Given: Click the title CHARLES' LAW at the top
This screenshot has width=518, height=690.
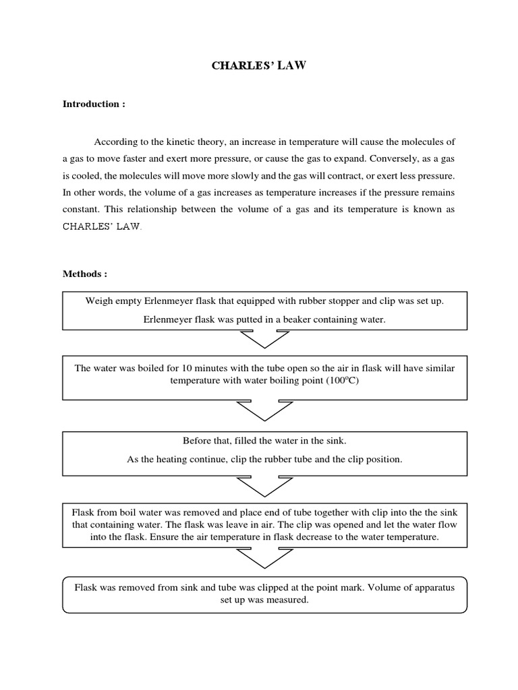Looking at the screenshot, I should pyautogui.click(x=258, y=66).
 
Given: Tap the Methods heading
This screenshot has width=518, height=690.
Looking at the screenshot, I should pyautogui.click(x=85, y=274).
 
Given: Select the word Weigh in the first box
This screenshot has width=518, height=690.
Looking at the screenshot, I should pyautogui.click(x=98, y=301).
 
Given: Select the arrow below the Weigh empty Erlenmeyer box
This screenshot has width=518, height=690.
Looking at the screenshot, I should pyautogui.click(x=264, y=340).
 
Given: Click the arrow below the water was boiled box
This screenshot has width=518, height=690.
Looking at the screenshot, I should pyautogui.click(x=264, y=410).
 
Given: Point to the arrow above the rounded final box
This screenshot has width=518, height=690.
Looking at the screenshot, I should pyautogui.click(x=264, y=558).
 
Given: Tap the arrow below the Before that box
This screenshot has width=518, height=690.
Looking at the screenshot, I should pyautogui.click(x=264, y=485).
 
